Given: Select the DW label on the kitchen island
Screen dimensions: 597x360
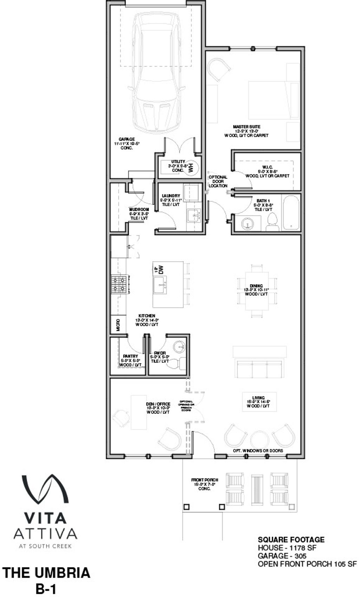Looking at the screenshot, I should tap(161, 270).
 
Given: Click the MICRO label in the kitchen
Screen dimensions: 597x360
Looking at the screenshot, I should tap(118, 325).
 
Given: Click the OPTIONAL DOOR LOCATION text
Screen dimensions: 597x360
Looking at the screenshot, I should tap(218, 181).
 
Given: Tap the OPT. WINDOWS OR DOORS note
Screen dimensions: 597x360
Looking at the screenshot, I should tap(258, 450).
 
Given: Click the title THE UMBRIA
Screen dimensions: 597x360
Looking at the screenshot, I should tap(46, 573).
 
